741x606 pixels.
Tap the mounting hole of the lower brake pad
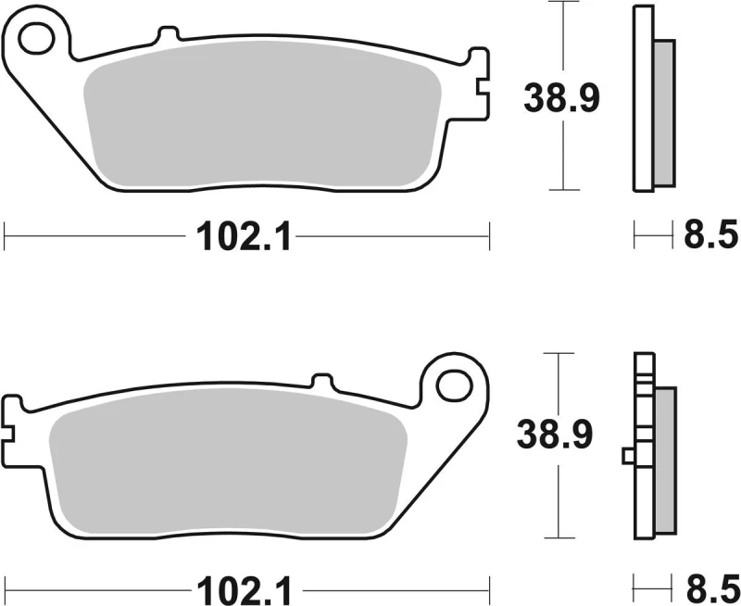coord(454,385)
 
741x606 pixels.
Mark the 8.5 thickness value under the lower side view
coord(707,587)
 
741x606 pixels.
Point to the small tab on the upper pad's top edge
coord(168,35)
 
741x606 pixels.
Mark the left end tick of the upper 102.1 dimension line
coord(5,237)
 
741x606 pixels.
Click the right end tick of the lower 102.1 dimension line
coord(488,587)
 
